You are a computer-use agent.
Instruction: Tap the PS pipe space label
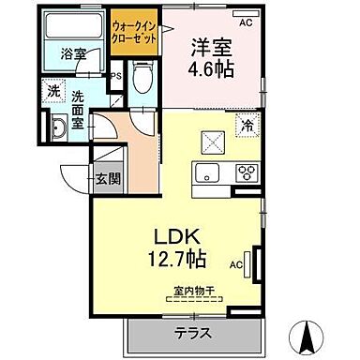115,75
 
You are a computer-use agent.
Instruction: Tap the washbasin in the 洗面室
57,129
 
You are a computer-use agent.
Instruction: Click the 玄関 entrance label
102,178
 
